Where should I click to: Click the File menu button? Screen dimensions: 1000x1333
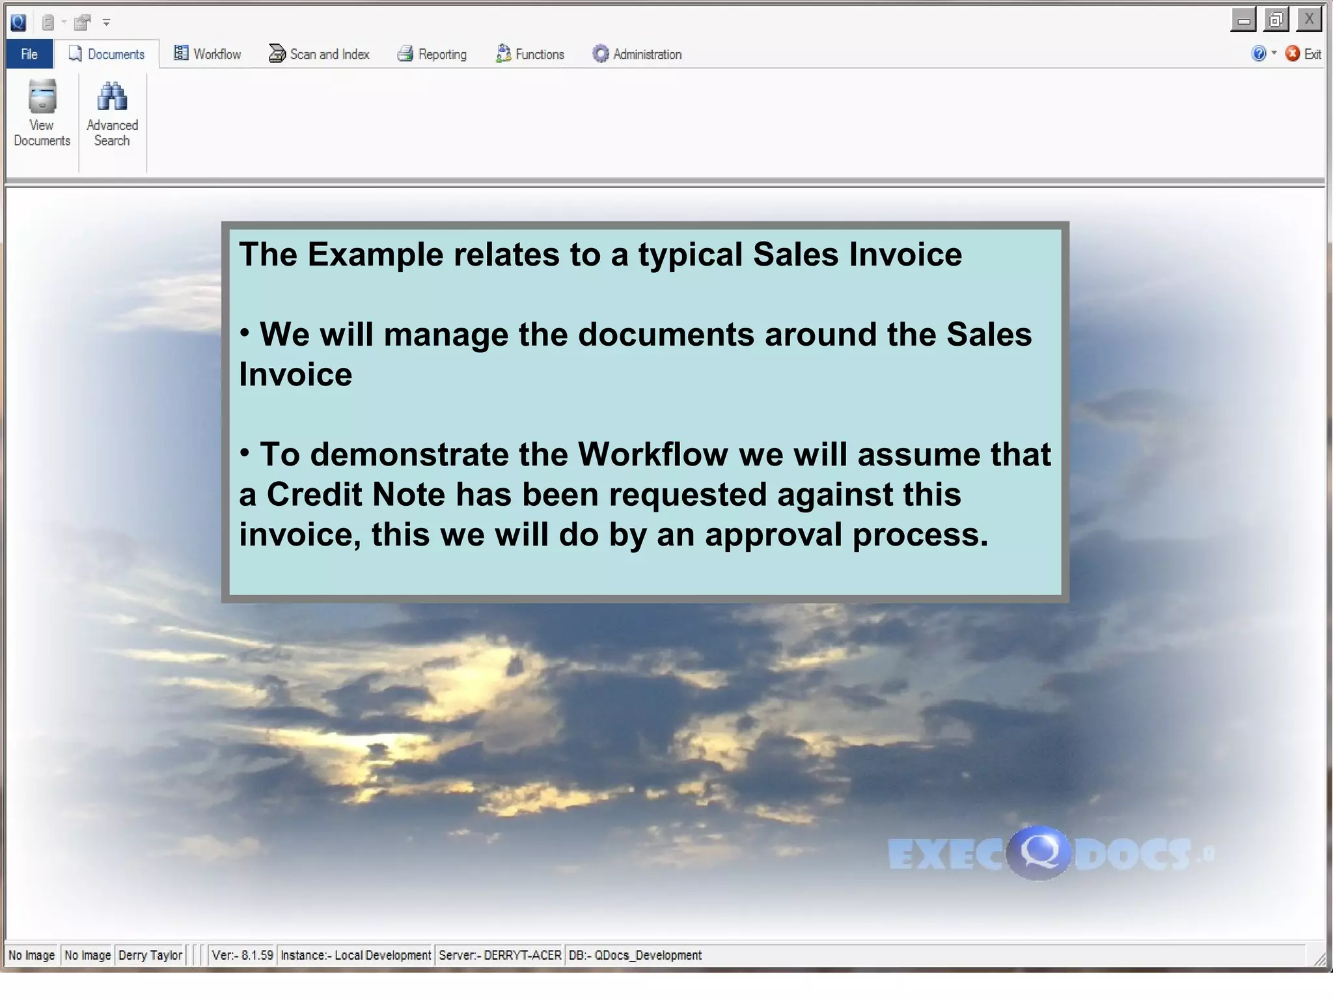tap(29, 55)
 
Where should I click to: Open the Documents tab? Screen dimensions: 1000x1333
tap(107, 55)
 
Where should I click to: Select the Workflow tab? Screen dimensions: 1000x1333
tap(208, 55)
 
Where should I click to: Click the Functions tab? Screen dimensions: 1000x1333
tap(530, 55)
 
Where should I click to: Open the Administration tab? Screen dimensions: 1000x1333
tap(637, 55)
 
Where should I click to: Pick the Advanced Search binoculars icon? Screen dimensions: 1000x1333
tap(112, 98)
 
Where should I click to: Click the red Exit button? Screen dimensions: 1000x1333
tap(1303, 54)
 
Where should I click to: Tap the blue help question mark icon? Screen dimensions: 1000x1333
tap(1258, 54)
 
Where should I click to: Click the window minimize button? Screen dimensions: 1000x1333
tap(1243, 21)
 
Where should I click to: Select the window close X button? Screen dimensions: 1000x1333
tap(1308, 20)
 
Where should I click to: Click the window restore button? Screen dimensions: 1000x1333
tap(1276, 21)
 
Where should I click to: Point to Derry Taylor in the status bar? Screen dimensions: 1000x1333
tap(150, 955)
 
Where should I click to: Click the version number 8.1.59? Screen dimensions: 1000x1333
tap(257, 955)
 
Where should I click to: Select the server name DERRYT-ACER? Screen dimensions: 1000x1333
tap(522, 955)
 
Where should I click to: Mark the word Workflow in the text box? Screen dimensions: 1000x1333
tap(652, 454)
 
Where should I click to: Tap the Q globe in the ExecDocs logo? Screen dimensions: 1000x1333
tap(1038, 852)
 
